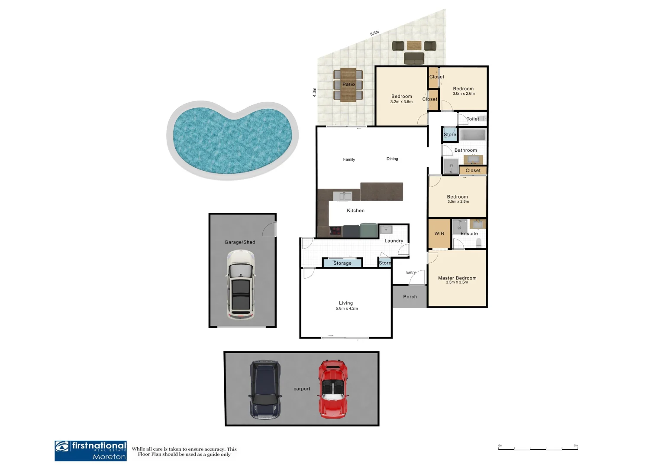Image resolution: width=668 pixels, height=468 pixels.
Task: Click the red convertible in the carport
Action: coord(333,389)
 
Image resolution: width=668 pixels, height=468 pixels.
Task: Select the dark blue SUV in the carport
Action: coord(265,389)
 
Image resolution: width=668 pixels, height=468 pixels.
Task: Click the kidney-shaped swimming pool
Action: coord(232,140)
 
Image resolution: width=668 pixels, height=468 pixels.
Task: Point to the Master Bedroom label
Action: coord(457,278)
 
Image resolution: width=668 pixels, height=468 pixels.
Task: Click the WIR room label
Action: coord(439,234)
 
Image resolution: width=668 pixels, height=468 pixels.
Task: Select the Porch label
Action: coord(410,297)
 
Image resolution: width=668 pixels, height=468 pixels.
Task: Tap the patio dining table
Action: coord(348,84)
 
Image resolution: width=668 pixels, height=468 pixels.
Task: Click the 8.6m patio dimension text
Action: coord(374,33)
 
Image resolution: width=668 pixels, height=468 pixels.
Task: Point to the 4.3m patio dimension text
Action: coord(315,92)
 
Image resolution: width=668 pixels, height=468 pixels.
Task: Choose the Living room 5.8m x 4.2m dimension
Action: coord(346,309)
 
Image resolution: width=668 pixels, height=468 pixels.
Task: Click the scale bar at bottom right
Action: coord(538,449)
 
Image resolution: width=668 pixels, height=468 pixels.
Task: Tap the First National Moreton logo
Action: coord(91,451)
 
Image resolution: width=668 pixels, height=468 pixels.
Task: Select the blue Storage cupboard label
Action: coord(342,263)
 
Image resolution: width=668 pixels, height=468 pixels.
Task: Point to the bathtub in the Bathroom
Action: coord(472,135)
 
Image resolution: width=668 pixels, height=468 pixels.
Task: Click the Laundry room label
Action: coord(394,241)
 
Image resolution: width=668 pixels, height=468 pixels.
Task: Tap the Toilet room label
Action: coord(472,119)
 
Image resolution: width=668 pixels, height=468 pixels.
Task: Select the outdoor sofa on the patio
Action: coord(414,58)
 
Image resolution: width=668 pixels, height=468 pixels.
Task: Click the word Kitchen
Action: coord(355,211)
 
